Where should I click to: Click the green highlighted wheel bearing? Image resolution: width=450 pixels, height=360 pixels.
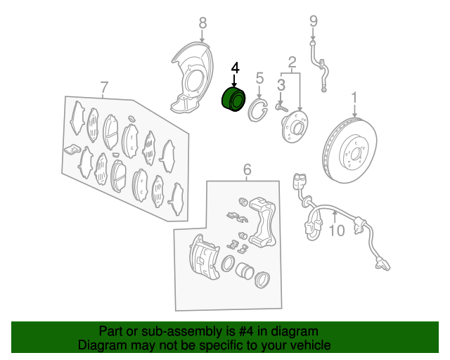[x=233, y=99]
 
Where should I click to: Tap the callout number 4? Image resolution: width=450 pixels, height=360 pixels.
[x=235, y=67]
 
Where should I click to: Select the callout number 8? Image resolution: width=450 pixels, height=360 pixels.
[x=202, y=23]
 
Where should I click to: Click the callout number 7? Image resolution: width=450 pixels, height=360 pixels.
[x=104, y=87]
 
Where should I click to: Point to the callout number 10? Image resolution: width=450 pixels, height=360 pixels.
[x=336, y=231]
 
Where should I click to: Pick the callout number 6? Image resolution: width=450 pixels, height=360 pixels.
[x=247, y=169]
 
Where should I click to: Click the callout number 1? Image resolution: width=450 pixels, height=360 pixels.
[x=354, y=98]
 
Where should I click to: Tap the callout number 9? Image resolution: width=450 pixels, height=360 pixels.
[x=314, y=22]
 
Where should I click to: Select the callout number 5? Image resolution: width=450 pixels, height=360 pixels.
[x=259, y=78]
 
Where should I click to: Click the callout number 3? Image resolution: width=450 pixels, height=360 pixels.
[x=281, y=85]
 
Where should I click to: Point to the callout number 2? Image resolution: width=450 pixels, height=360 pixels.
[x=292, y=63]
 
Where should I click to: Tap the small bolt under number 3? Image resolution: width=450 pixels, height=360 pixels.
[x=281, y=108]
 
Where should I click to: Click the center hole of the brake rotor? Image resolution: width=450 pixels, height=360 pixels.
[x=354, y=155]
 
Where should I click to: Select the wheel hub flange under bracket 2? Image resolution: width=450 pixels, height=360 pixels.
[x=295, y=127]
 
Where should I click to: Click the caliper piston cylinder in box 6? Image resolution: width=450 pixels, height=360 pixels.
[x=244, y=270]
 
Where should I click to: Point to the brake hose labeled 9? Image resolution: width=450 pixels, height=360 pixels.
[x=319, y=66]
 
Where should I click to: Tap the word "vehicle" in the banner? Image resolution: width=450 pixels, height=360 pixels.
[x=312, y=345]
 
